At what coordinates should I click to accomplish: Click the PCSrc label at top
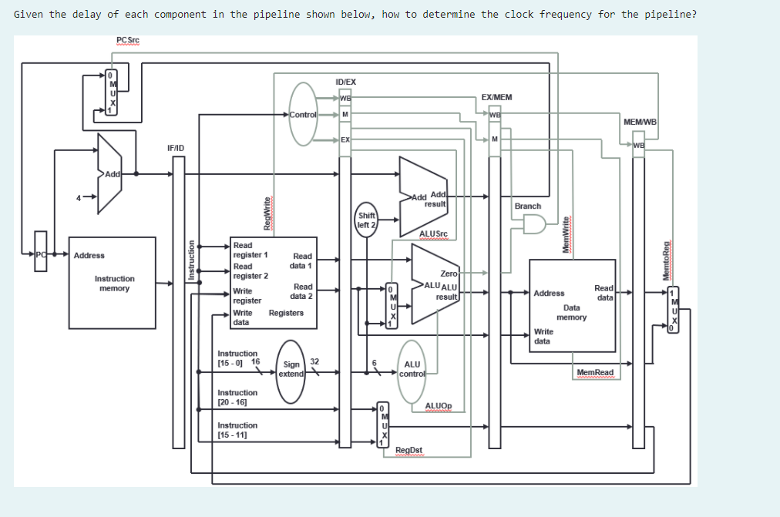(127, 40)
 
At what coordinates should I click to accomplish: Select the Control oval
(303, 115)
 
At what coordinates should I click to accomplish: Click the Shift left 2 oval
(366, 220)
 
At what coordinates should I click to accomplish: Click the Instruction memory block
(114, 283)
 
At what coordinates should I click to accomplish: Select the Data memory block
(572, 306)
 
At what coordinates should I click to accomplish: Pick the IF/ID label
(176, 147)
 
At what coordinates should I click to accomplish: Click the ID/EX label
(346, 82)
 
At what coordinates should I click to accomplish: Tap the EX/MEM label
(496, 98)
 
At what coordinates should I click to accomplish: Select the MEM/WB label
(640, 122)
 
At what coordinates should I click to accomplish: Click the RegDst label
(408, 451)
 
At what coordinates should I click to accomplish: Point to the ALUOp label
(439, 405)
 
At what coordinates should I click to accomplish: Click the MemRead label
(595, 373)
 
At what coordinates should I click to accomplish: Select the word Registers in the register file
(286, 313)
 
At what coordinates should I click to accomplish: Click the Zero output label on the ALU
(449, 274)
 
